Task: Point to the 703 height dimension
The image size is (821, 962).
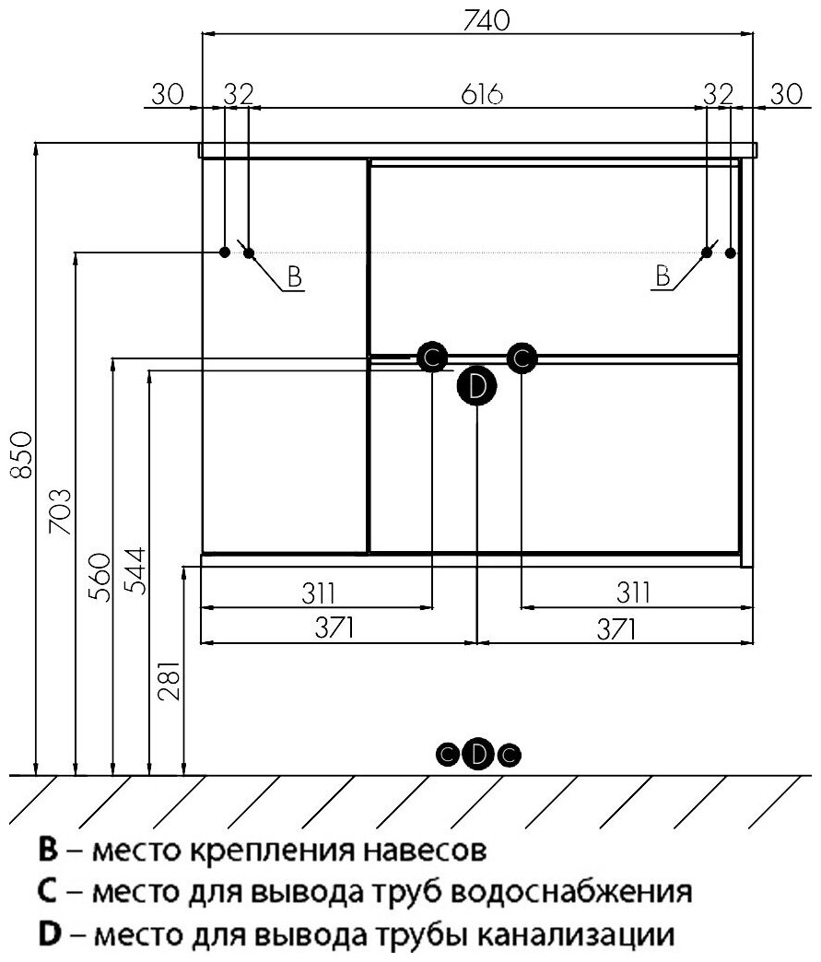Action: point(61,511)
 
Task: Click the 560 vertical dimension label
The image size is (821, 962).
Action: point(100,577)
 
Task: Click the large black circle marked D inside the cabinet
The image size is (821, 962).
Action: point(476,386)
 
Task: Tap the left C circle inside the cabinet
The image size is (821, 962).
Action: point(431,357)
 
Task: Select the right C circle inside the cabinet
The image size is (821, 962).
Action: point(521,357)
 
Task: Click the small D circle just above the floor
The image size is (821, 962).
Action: point(477,755)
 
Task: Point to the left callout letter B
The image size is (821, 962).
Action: point(294,276)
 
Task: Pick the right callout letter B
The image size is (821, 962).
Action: point(663,276)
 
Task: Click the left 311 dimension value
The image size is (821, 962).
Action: point(316,592)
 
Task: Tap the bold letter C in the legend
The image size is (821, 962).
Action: point(49,892)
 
